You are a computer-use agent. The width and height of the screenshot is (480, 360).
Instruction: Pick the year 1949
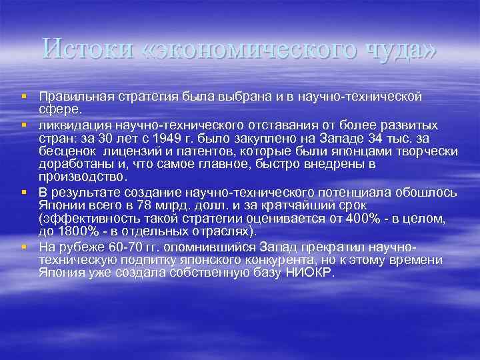click(185, 138)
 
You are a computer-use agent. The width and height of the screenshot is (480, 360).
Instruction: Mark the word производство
click(82, 178)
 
